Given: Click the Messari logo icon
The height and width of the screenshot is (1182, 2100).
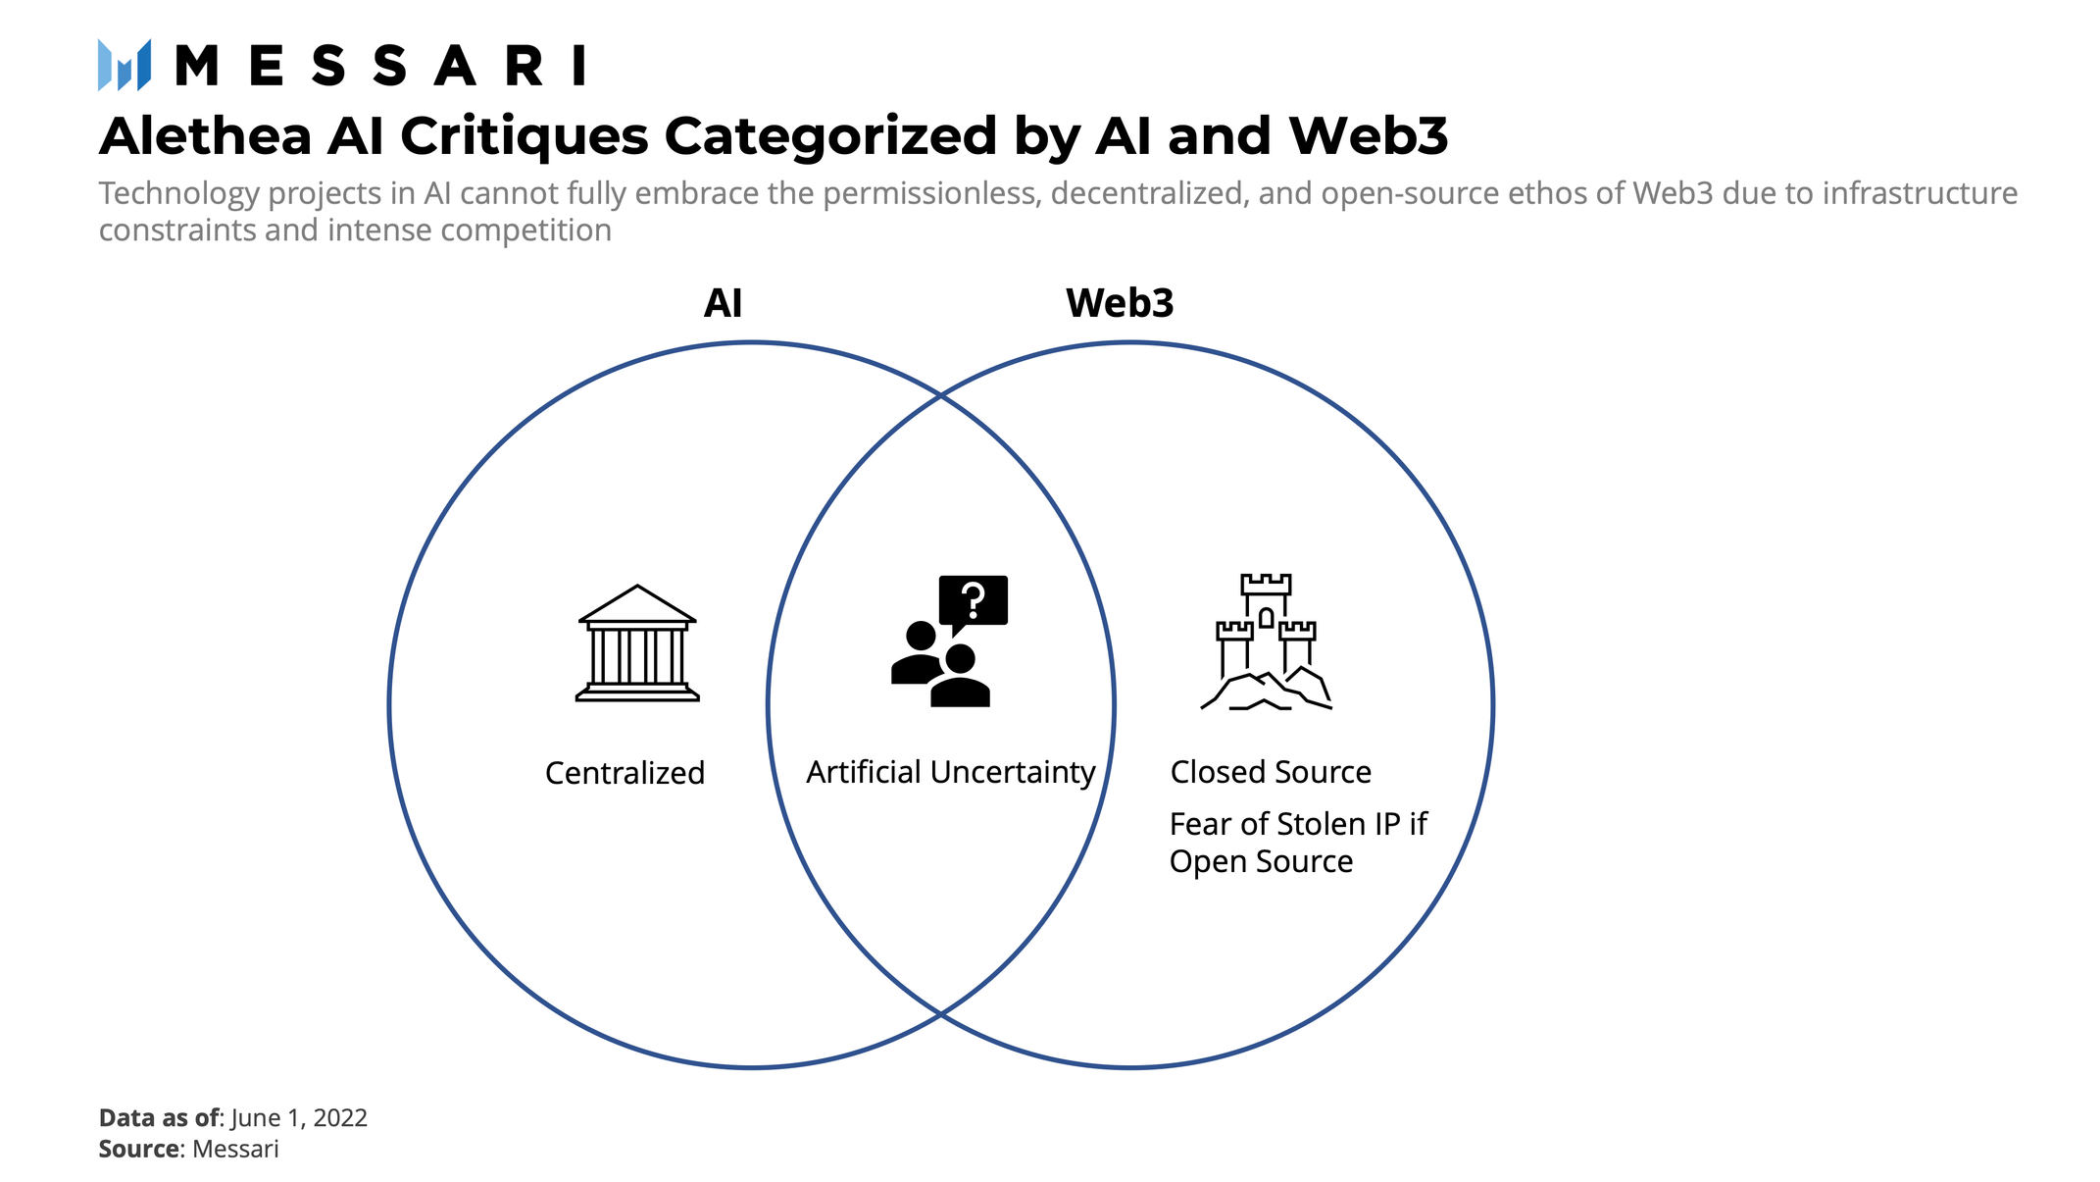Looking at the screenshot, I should click(x=125, y=66).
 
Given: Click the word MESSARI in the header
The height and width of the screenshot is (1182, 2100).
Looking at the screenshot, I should click(x=380, y=67).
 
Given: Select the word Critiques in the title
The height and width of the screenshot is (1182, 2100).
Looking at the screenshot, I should click(x=524, y=136).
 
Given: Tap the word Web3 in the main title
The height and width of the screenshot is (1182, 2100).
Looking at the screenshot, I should click(x=1368, y=136).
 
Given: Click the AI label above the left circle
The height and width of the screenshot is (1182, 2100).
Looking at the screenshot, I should click(x=723, y=303).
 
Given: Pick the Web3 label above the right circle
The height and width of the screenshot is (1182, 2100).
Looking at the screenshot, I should click(x=1119, y=303).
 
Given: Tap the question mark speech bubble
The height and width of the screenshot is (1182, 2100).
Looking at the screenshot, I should click(x=973, y=599).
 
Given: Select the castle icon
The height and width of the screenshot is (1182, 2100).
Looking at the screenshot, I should click(x=1266, y=642).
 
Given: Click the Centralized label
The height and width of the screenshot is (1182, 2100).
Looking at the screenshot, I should click(x=625, y=773).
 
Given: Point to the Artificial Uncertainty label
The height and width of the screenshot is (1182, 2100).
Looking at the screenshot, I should click(x=950, y=772).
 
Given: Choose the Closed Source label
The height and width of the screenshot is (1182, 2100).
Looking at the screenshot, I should click(x=1270, y=772).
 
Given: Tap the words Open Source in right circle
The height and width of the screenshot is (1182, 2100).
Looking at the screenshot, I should click(x=1261, y=861).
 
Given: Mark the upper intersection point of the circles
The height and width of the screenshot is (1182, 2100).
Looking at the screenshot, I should click(x=941, y=395).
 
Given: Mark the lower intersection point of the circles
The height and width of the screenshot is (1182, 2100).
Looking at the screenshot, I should click(x=941, y=1013).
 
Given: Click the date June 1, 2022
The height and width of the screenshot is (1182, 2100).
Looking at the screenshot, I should click(x=299, y=1118).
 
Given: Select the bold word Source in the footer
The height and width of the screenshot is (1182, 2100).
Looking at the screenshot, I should click(x=139, y=1149).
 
